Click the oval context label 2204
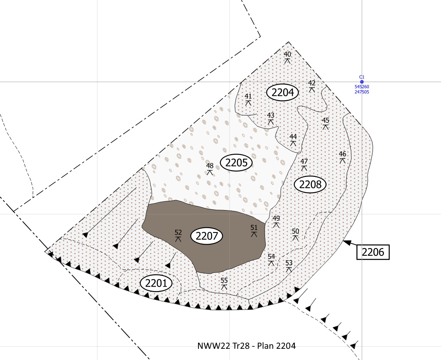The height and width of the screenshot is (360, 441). coord(282,92)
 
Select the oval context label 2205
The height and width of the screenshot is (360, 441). coord(236,163)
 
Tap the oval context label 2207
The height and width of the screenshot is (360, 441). coord(207,236)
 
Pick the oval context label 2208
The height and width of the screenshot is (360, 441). coord(310,184)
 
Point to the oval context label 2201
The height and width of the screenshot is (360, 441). coord(156,283)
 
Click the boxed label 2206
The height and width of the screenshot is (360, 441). coord(373,252)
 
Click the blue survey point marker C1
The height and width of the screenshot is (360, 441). coord(362,82)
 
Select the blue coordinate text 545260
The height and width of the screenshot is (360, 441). coord(362,87)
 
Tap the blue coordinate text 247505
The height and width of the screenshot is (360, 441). coord(362,92)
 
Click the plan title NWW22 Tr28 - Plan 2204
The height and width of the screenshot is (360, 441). coord(247,346)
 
